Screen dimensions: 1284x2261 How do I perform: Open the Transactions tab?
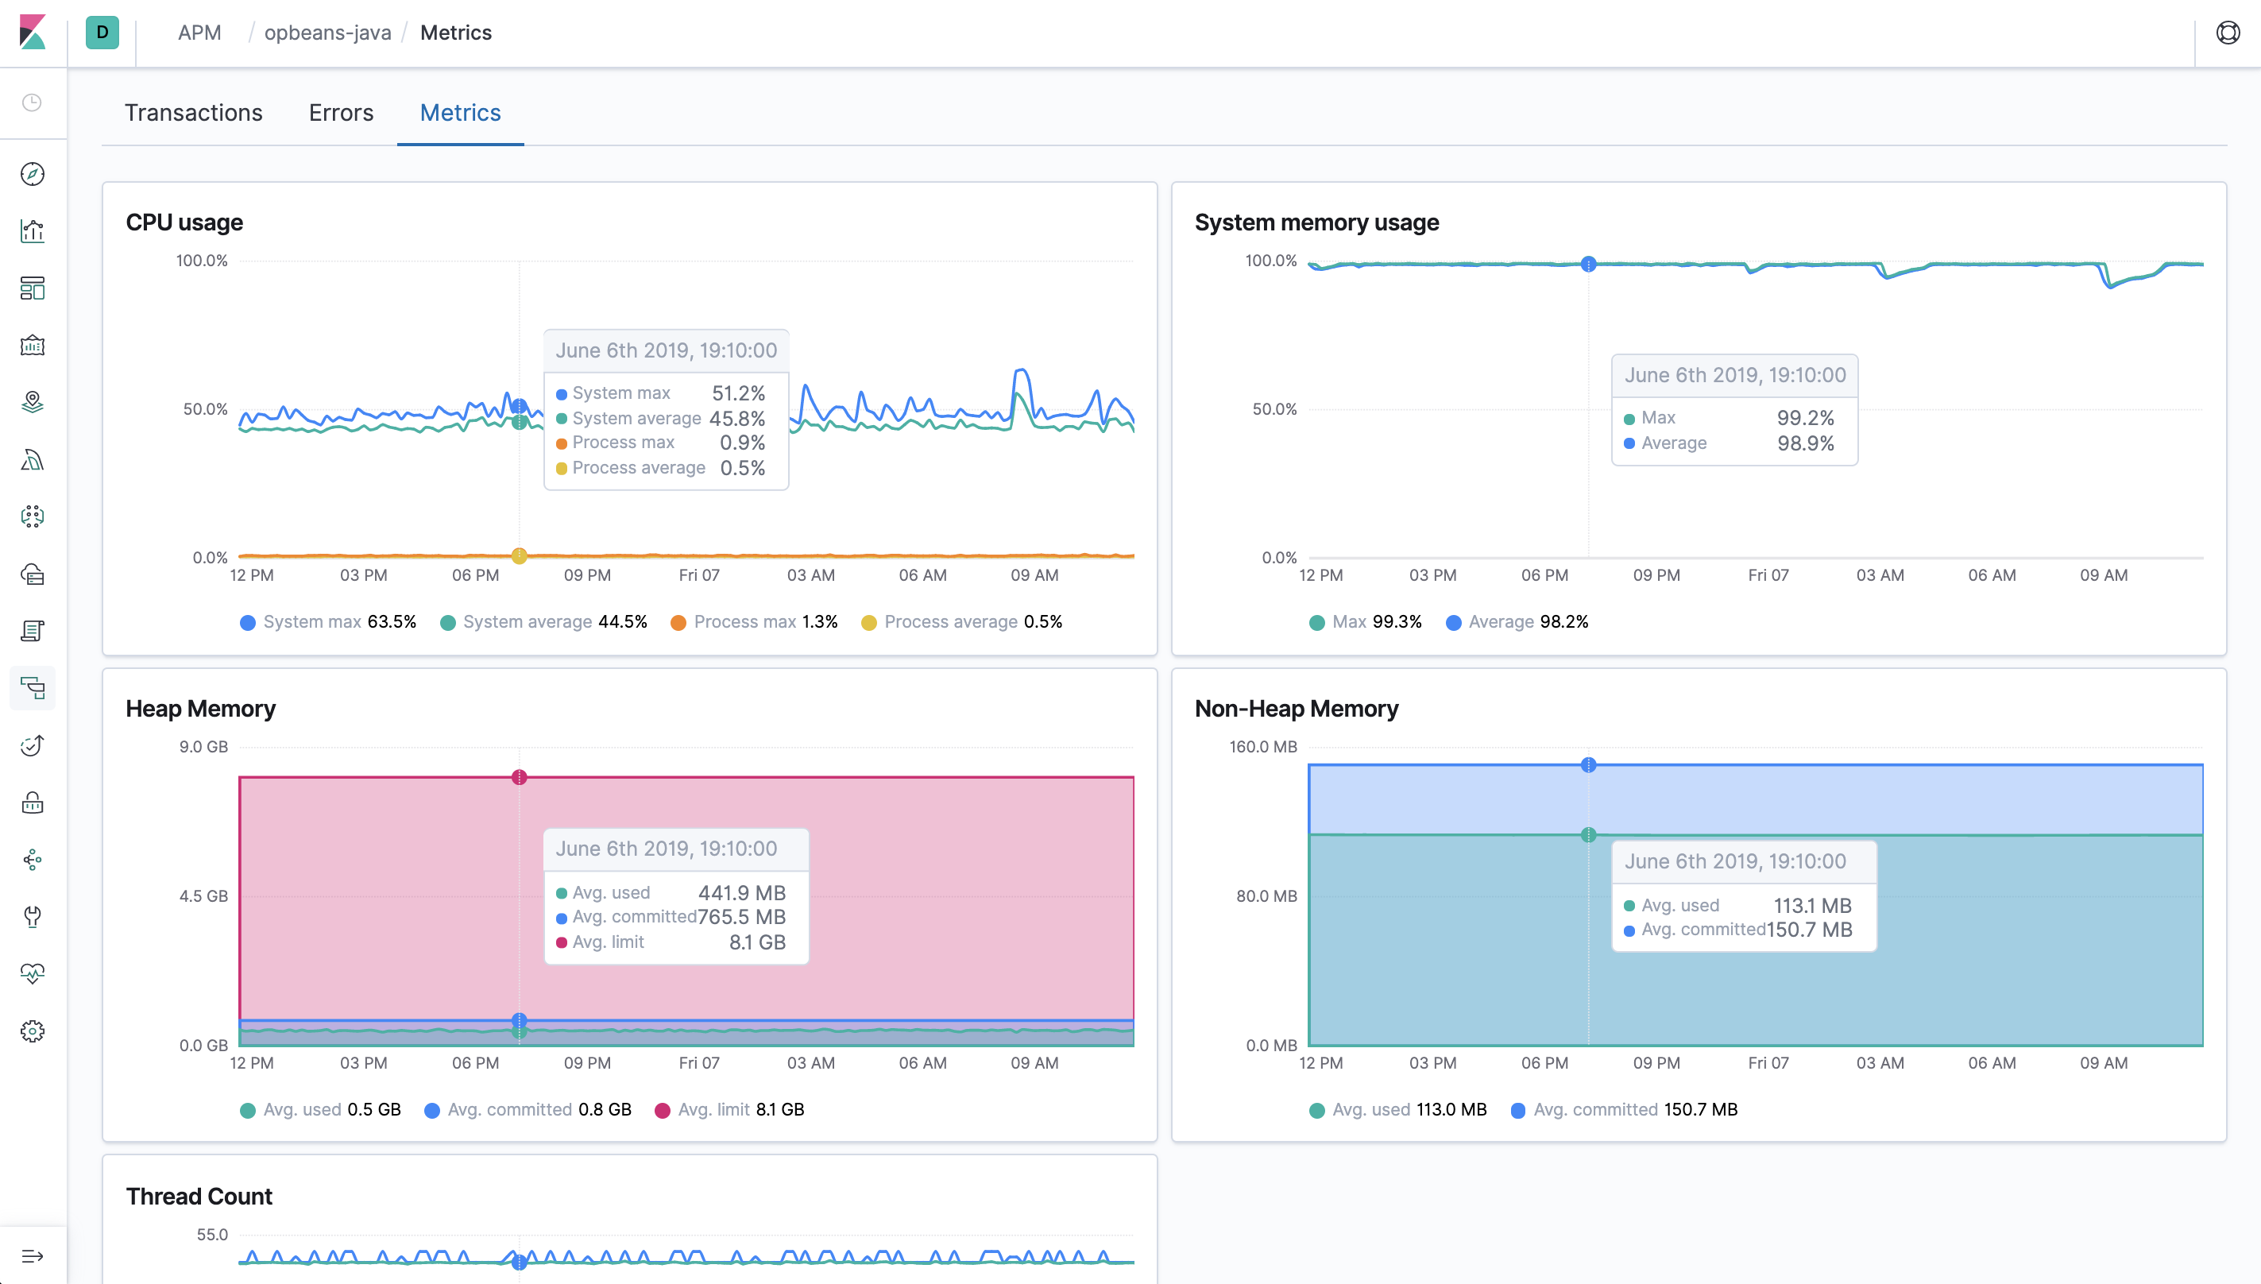pos(193,113)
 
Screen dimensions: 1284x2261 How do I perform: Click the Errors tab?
pos(340,113)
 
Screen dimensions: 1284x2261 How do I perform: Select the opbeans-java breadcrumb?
pos(327,33)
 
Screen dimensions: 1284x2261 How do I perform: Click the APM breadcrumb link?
pos(199,33)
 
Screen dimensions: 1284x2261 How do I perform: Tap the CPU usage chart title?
pos(184,222)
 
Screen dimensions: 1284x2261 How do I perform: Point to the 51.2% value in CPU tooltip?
pos(738,393)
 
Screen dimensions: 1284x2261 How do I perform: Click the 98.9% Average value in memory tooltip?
pos(1804,443)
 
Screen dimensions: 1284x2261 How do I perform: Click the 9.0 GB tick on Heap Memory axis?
pos(203,747)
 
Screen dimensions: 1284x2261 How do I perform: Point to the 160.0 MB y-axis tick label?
pos(1262,747)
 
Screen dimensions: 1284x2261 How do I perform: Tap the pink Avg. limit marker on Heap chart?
pos(520,777)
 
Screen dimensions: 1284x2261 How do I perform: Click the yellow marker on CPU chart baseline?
pos(520,555)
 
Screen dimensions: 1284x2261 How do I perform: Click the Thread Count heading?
pos(199,1196)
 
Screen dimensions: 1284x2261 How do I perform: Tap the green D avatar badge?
pos(102,33)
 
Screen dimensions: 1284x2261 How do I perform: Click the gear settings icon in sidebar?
pos(33,1031)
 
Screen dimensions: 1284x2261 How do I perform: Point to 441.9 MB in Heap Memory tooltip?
pos(741,893)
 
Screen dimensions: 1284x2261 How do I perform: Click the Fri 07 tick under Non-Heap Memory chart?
pos(1768,1062)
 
